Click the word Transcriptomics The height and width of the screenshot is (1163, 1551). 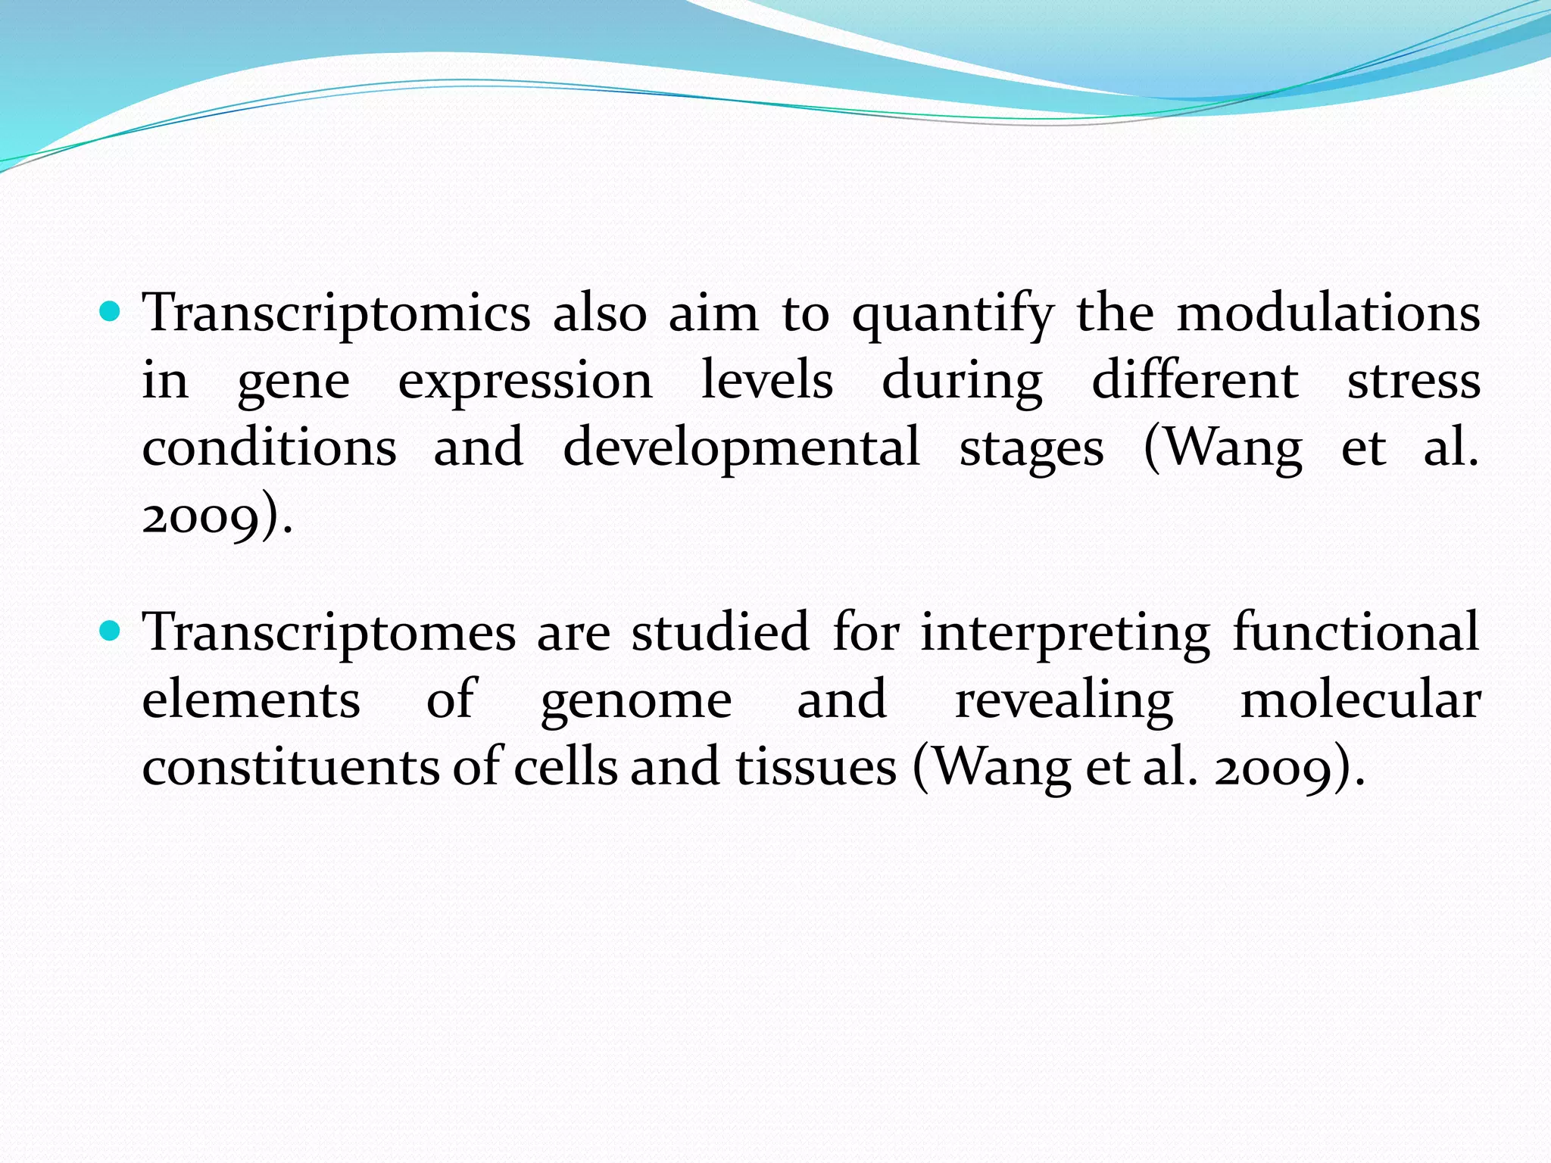pos(336,314)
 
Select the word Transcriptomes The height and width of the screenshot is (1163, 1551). pos(329,634)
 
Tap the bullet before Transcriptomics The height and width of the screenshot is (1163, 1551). pos(111,310)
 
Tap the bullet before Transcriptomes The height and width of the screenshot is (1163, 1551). pos(111,630)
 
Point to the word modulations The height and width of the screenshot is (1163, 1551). pos(1328,313)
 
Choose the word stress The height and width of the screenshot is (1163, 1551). pos(1413,381)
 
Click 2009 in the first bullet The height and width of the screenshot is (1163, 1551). pos(201,518)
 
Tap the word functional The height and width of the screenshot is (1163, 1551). pos(1356,632)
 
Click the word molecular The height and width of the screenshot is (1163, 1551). pos(1360,700)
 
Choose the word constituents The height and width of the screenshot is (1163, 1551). pos(291,768)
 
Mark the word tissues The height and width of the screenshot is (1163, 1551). pos(816,768)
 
